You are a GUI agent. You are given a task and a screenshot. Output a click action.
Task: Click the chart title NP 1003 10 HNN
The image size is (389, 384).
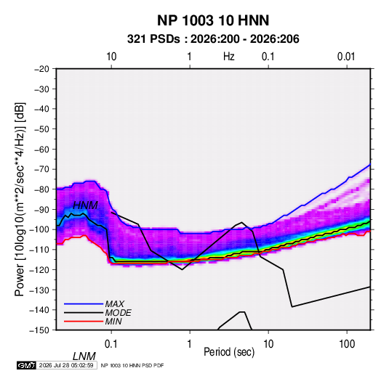click(x=213, y=20)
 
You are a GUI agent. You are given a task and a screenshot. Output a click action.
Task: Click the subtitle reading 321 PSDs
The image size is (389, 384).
click(x=153, y=39)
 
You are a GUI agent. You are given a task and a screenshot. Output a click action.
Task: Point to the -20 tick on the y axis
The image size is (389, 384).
click(x=41, y=69)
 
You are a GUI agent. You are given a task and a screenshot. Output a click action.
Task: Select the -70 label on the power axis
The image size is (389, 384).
click(x=41, y=169)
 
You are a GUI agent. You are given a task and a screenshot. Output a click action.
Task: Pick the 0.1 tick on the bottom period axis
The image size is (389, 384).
click(x=111, y=344)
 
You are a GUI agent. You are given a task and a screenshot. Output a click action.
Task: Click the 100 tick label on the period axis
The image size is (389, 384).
click(x=347, y=344)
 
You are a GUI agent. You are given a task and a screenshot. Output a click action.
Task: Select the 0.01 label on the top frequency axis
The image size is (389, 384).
click(x=346, y=57)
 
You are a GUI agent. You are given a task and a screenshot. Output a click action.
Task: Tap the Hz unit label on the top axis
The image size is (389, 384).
click(x=229, y=57)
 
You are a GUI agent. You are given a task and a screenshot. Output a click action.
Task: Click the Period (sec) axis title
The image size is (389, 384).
click(x=229, y=352)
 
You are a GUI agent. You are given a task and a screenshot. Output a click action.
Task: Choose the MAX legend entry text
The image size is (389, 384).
click(x=114, y=303)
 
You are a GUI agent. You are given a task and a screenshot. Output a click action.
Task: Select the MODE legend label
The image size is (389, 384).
click(x=118, y=313)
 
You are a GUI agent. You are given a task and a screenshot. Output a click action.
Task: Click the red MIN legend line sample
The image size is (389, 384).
click(x=84, y=322)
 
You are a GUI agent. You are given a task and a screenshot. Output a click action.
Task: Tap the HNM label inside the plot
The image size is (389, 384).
click(x=85, y=205)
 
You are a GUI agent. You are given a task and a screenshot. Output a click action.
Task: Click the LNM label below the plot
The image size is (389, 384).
click(x=84, y=356)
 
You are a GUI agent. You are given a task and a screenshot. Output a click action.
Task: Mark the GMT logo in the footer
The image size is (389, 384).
click(x=26, y=365)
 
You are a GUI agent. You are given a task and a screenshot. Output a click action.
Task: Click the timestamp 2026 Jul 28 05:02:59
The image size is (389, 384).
click(x=66, y=365)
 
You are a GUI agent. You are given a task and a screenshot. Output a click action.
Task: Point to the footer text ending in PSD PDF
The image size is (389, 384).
click(x=132, y=365)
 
